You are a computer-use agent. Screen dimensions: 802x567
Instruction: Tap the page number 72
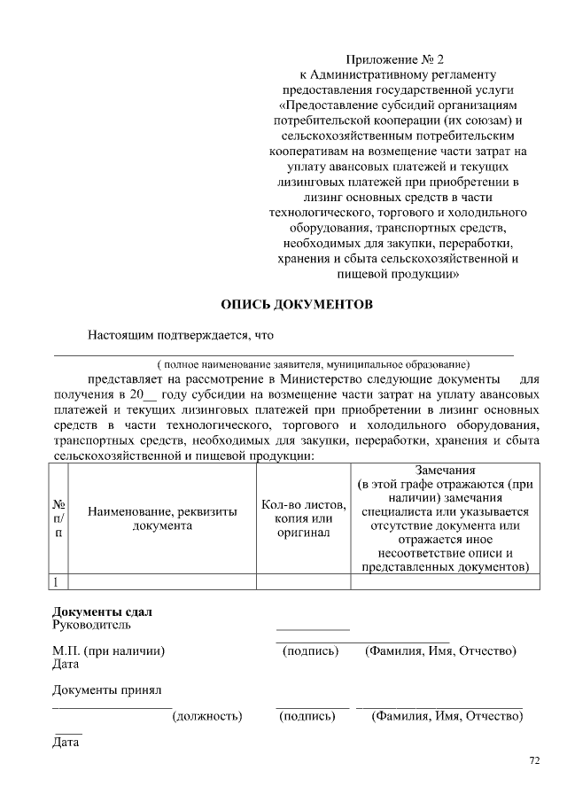tap(533, 759)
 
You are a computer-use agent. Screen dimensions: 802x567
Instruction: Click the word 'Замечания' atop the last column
tap(445, 471)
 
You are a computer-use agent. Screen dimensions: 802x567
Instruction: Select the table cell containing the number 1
tap(57, 582)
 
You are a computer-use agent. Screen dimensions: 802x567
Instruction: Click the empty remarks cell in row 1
tap(445, 582)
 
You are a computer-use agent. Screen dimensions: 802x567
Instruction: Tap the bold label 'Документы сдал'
tap(102, 612)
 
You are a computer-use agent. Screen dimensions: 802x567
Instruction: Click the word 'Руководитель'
tap(91, 626)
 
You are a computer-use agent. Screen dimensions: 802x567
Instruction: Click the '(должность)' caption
tap(206, 715)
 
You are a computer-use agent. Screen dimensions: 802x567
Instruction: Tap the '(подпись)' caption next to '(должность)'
tap(307, 715)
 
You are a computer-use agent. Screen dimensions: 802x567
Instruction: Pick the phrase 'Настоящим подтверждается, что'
tap(180, 336)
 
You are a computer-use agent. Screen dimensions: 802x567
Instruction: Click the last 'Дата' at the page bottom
tap(66, 742)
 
